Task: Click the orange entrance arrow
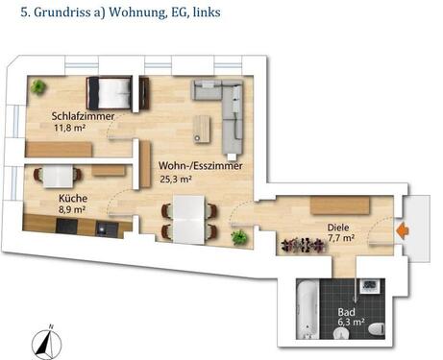[403, 230]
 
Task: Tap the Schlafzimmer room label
[83, 116]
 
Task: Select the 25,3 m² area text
[176, 179]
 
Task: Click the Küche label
[73, 199]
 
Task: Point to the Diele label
[338, 228]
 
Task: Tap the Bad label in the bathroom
[346, 312]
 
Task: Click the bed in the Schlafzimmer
[110, 93]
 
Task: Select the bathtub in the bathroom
[308, 309]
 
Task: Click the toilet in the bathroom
[377, 329]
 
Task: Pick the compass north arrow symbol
[46, 344]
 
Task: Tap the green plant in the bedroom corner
[38, 86]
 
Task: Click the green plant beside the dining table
[239, 237]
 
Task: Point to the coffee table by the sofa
[202, 129]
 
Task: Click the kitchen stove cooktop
[66, 227]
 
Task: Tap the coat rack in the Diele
[303, 246]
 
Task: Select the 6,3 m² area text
[351, 322]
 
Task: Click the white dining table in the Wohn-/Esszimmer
[188, 220]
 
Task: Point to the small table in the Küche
[58, 177]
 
